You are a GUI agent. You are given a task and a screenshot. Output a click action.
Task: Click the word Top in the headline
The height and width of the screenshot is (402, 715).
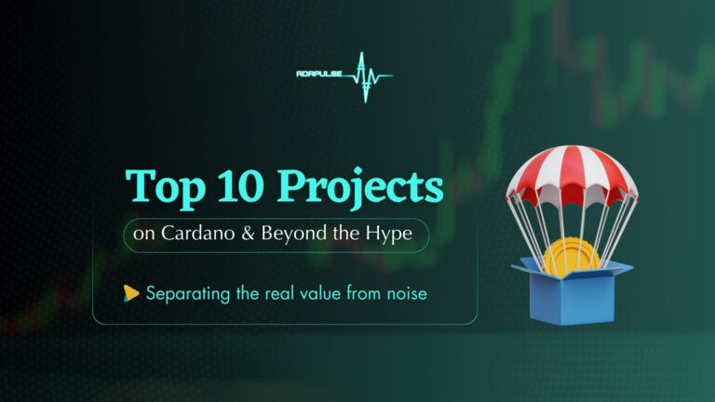(165, 188)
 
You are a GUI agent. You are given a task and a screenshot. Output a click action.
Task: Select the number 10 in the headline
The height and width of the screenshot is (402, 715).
(241, 185)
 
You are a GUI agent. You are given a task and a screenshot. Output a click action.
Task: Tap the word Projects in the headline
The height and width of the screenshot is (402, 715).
(360, 188)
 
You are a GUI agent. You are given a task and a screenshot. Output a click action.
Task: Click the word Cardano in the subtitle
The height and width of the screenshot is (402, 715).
(198, 234)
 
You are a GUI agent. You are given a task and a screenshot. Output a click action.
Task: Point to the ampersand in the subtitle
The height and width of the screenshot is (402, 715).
(248, 234)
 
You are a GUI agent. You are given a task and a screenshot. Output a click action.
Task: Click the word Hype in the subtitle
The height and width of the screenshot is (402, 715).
(389, 234)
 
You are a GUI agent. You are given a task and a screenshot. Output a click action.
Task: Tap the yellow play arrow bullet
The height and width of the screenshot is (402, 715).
(131, 293)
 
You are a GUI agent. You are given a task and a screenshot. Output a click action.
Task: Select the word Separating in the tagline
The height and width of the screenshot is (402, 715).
(188, 294)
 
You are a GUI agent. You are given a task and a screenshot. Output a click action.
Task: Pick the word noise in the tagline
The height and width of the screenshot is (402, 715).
(407, 294)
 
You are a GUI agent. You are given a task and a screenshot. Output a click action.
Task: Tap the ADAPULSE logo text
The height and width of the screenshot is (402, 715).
(319, 74)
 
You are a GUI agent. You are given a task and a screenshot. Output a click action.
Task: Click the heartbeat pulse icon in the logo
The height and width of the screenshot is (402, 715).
(367, 76)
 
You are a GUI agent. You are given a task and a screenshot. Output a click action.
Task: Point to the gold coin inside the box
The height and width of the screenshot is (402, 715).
(571, 258)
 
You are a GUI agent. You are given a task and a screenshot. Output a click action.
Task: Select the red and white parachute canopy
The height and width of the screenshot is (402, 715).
(572, 176)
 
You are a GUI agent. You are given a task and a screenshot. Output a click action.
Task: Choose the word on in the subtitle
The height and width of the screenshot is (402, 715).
(144, 235)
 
